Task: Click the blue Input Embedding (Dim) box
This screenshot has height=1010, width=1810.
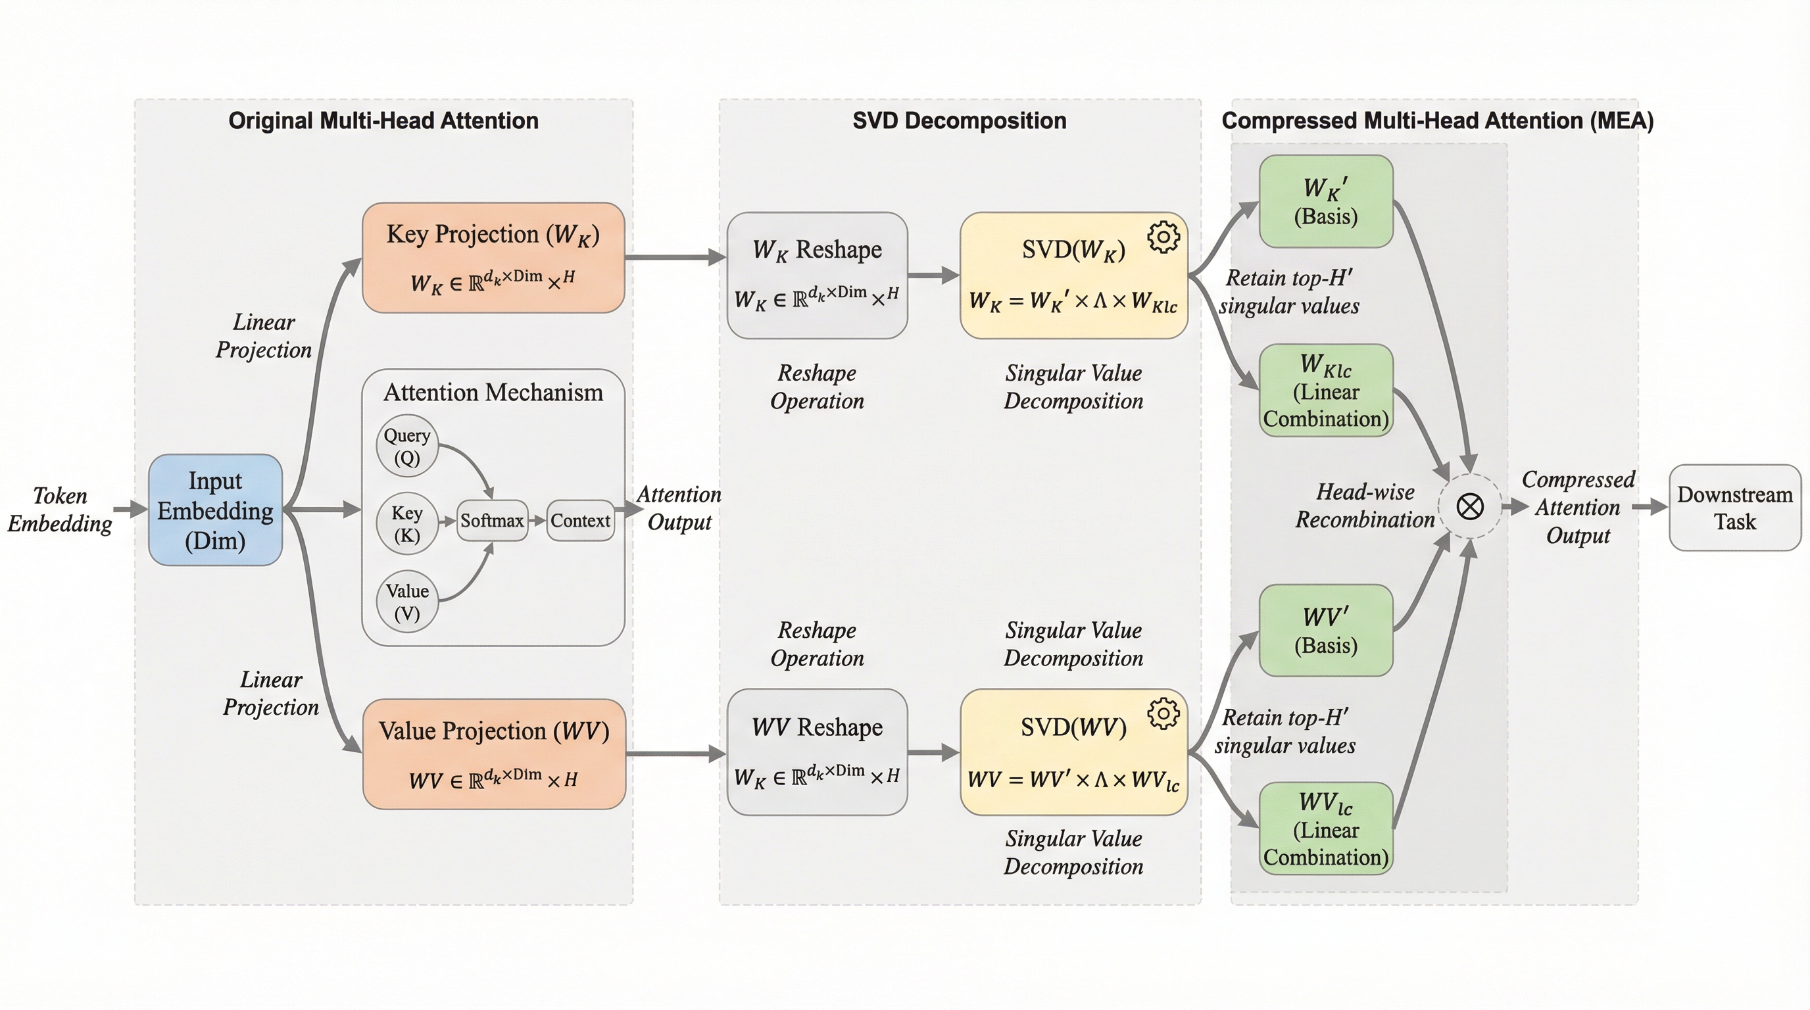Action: (215, 510)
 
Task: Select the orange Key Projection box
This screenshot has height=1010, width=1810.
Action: (493, 257)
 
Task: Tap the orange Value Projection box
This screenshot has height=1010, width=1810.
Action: (493, 754)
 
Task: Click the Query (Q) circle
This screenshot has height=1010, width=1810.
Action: (407, 446)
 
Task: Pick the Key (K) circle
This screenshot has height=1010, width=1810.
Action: (407, 523)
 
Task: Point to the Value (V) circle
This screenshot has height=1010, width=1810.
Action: (407, 601)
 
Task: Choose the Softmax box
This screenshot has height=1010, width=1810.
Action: (492, 520)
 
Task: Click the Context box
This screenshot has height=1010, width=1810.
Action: (579, 520)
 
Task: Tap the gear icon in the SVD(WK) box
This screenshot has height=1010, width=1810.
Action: (1163, 237)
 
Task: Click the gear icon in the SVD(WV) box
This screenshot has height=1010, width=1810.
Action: (1163, 713)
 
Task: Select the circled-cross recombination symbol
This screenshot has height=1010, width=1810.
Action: (1469, 506)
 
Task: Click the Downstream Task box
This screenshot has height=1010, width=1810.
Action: (1734, 508)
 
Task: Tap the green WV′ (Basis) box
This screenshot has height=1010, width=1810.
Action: (1325, 630)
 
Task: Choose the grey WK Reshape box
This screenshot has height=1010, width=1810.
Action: (816, 275)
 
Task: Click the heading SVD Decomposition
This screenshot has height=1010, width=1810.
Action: (959, 121)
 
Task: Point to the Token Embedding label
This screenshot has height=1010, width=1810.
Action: (60, 509)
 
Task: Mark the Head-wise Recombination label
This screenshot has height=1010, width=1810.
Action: (1365, 506)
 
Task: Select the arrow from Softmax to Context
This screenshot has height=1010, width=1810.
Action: (537, 520)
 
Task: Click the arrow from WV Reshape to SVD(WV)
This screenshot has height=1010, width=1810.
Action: (933, 752)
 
